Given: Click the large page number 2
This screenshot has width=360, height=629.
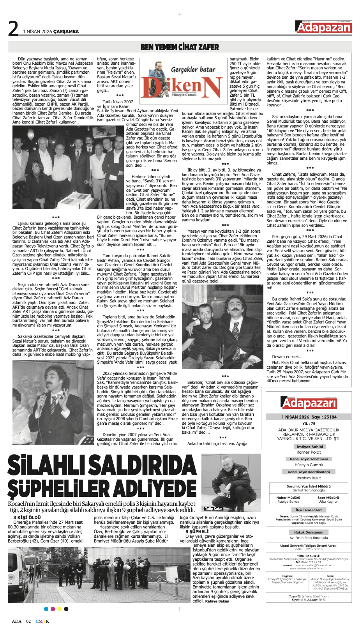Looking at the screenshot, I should tap(13, 28).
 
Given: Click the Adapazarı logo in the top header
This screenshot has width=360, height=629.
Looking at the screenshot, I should tap(323, 27).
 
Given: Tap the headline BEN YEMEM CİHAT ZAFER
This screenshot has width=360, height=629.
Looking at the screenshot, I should tap(180, 47).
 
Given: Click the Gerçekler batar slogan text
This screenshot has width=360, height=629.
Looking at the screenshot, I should tap(193, 69).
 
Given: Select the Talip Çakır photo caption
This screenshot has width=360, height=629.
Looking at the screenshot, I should tap(214, 509).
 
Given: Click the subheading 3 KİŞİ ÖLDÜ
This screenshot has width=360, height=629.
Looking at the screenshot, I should tap(27, 518).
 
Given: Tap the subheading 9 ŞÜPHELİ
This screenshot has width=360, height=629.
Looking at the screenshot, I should tap(197, 531).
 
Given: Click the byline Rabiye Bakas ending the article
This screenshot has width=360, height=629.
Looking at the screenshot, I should tap(217, 601).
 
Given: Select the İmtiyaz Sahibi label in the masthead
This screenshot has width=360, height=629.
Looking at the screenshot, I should tap(309, 447).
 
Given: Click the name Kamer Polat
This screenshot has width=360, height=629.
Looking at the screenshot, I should tap(309, 452).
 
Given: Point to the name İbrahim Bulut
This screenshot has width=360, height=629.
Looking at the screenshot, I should tap(309, 478).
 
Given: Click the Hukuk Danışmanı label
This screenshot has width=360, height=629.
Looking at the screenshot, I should tap(309, 532).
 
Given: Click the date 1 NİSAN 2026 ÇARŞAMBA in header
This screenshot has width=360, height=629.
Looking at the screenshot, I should tap(51, 32).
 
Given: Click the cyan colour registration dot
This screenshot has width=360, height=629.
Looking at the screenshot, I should tap(46, 609).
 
